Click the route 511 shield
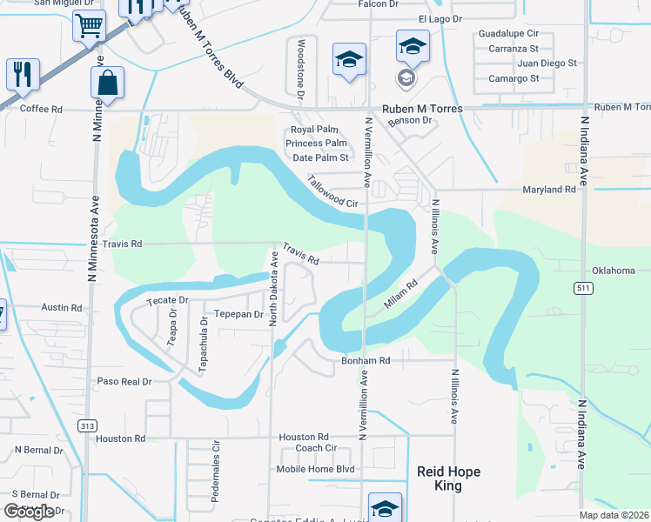(x=584, y=286)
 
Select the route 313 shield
(x=85, y=425)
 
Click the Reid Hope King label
(x=447, y=478)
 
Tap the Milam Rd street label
(x=401, y=295)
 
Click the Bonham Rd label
(x=366, y=359)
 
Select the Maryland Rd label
(x=549, y=189)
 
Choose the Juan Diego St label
(x=547, y=64)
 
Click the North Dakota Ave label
(x=273, y=289)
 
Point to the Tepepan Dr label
(x=238, y=314)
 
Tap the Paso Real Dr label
(x=124, y=381)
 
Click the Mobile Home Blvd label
(x=315, y=469)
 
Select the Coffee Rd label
(x=41, y=109)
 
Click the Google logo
(x=28, y=512)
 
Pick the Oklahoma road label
(x=614, y=271)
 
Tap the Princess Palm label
(x=318, y=144)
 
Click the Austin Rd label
(x=61, y=308)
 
